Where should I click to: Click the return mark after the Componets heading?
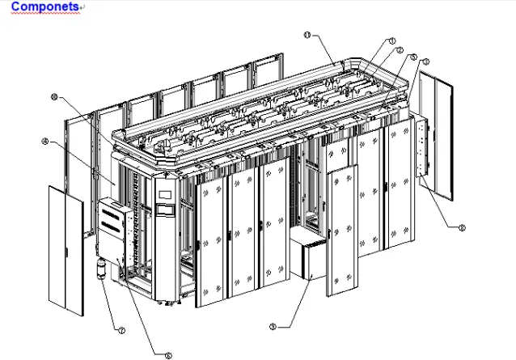coord(83,7)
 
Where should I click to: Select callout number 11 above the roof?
coord(307,35)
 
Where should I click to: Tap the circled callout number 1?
coord(391,40)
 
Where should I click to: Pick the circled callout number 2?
coord(400,49)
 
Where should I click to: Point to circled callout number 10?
coord(54,96)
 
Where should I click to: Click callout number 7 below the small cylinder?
coord(121,331)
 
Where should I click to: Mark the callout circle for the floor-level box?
coord(273,327)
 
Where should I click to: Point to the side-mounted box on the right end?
coord(418,150)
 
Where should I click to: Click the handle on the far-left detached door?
coord(80,235)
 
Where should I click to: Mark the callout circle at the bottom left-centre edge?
coord(168,354)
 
